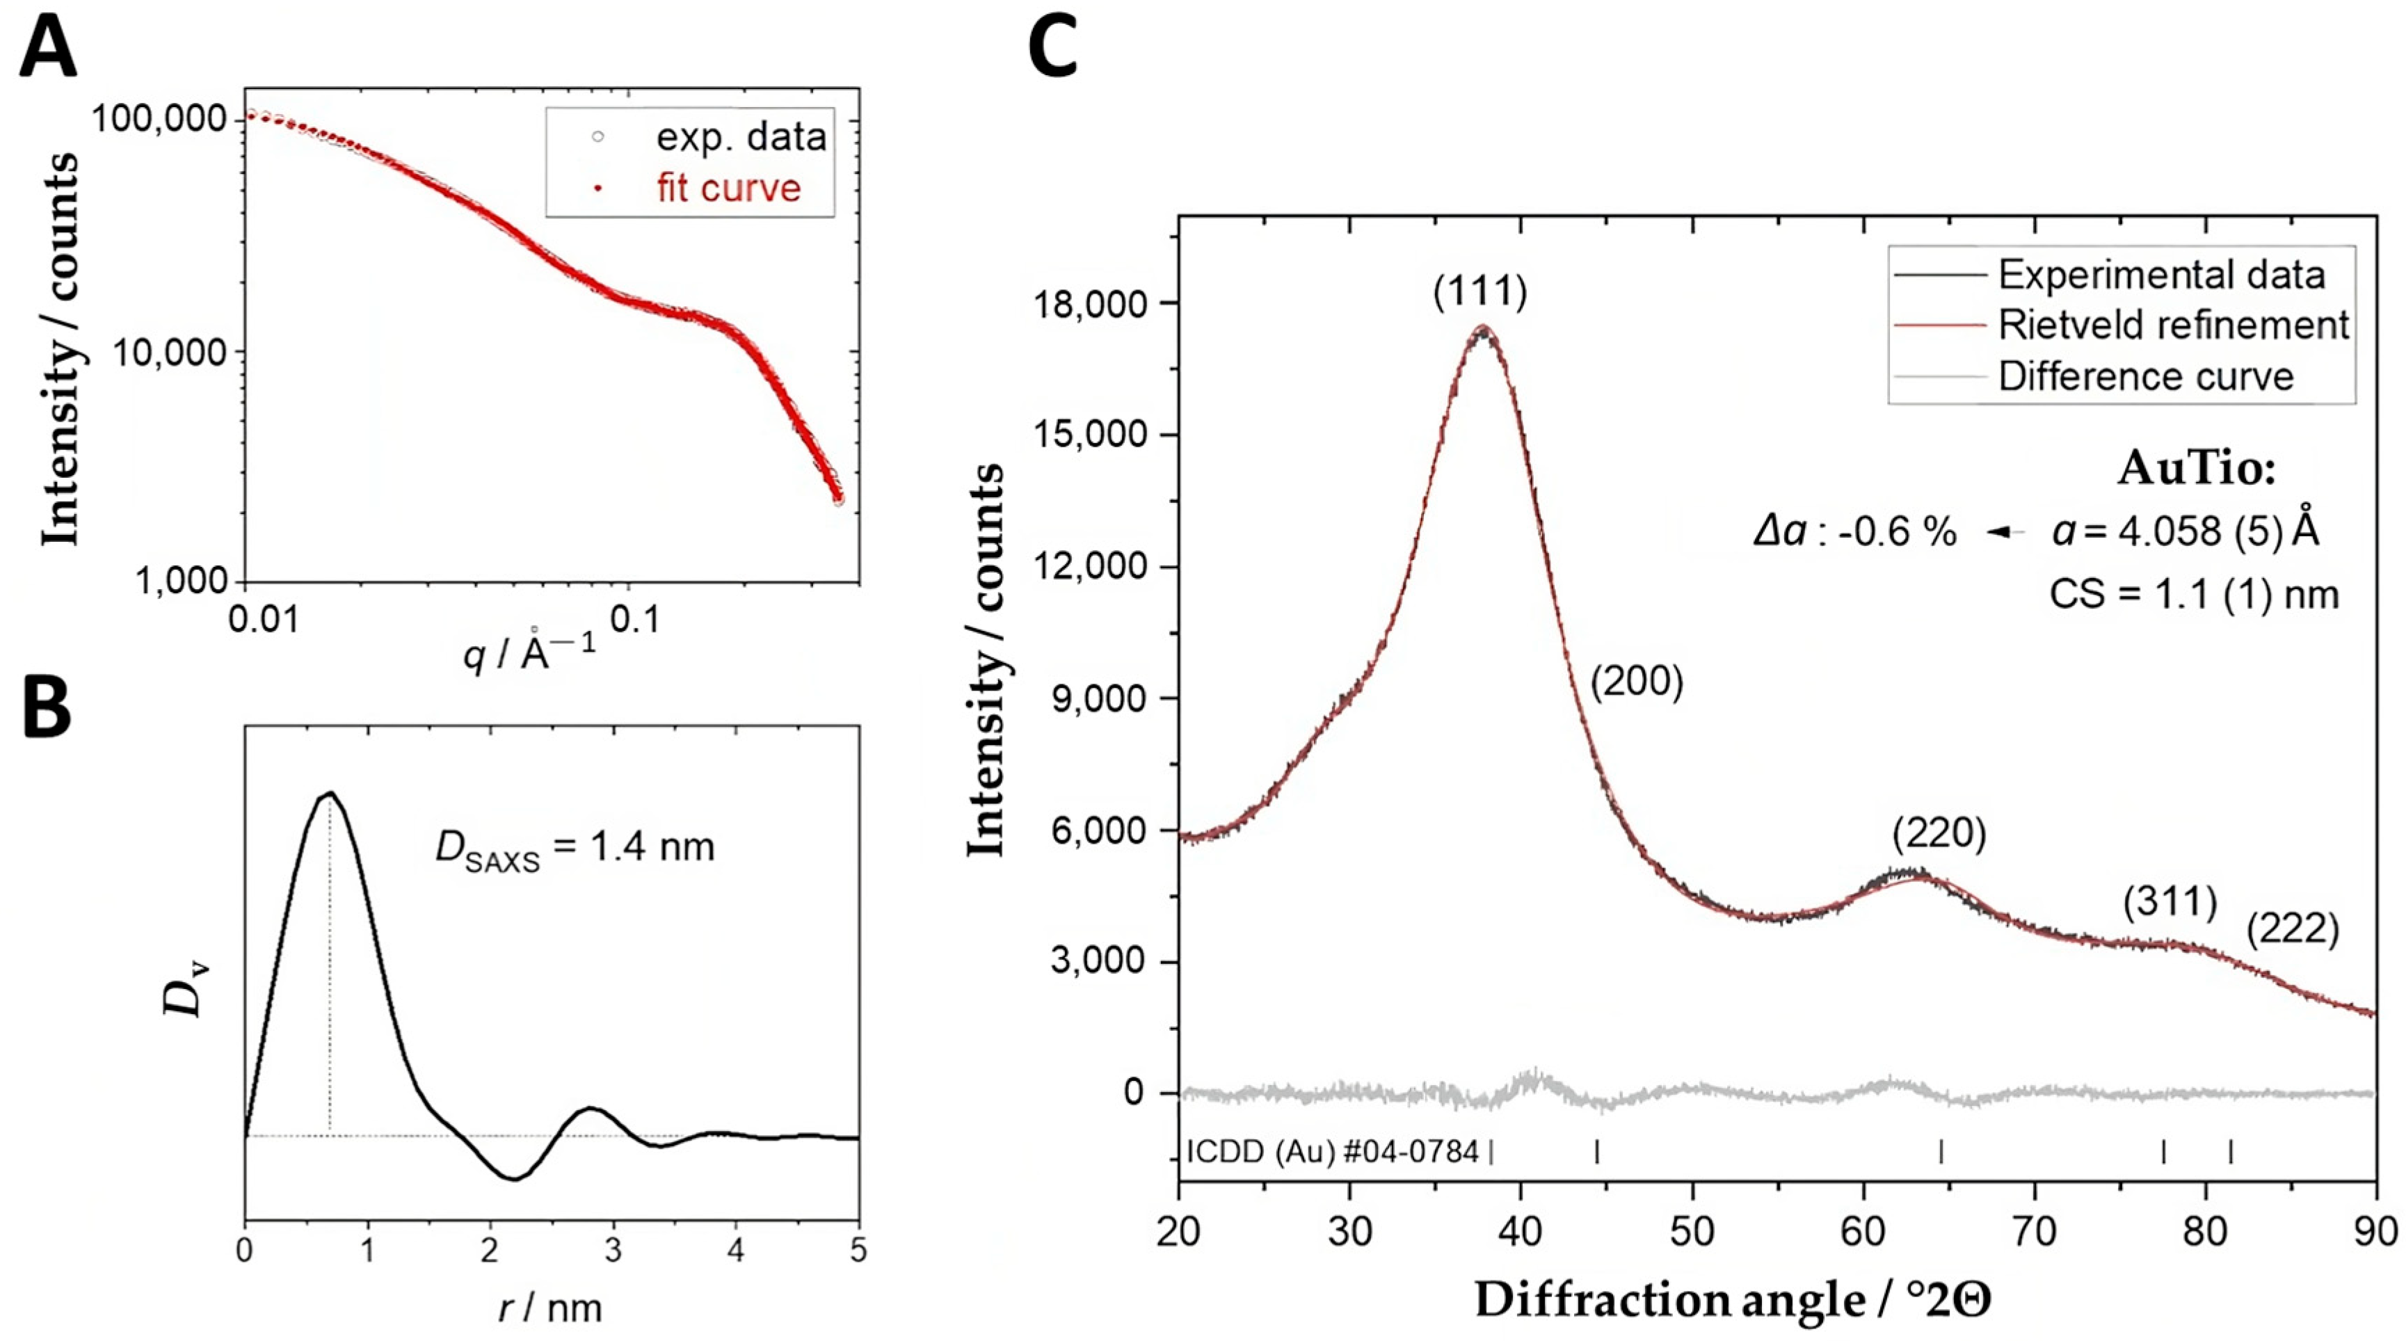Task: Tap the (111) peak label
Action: point(1479,292)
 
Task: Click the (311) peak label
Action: point(2169,902)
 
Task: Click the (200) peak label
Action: point(1637,682)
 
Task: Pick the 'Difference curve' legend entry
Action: point(2145,376)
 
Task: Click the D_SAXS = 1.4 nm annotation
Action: point(575,848)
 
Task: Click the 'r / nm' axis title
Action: point(550,1308)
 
